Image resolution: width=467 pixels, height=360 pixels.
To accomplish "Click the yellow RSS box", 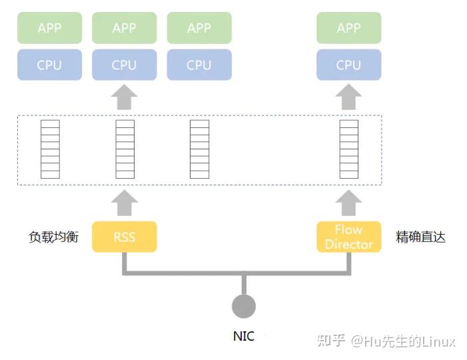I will click(124, 237).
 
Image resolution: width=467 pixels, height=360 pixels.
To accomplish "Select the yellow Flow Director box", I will click(348, 237).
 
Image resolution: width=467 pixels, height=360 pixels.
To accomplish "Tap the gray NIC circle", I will click(244, 306).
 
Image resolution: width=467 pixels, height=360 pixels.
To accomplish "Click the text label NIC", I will click(244, 336).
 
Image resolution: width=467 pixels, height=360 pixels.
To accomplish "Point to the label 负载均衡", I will click(53, 237).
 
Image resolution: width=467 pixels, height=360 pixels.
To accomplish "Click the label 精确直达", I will click(420, 237).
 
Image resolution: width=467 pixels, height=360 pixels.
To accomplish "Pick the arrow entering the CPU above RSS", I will click(124, 97).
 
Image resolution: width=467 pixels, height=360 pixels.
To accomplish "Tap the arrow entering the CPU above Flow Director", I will click(348, 97).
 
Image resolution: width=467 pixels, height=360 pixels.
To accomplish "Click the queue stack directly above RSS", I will click(125, 149).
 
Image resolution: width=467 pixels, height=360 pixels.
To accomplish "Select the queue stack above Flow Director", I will click(348, 149).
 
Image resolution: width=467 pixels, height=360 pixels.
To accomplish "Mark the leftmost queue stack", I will click(50, 149).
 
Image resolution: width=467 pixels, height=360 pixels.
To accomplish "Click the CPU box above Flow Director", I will click(348, 65).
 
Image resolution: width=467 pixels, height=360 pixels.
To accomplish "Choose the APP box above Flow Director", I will click(348, 28).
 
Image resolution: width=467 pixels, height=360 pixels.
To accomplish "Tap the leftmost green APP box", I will click(49, 28).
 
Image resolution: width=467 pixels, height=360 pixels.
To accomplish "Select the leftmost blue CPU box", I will click(49, 65).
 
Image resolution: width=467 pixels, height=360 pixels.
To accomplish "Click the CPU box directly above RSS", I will click(124, 65).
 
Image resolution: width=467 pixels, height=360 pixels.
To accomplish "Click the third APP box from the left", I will click(199, 28).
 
